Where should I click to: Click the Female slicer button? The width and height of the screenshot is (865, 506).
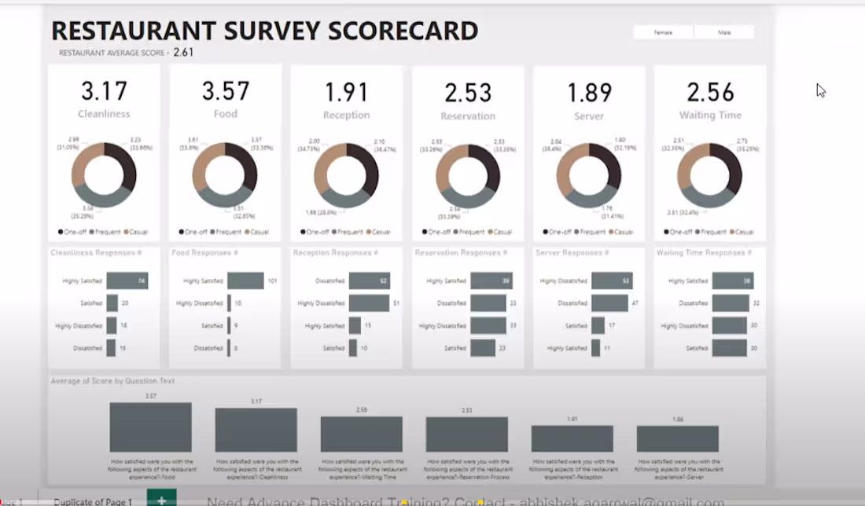pos(663,32)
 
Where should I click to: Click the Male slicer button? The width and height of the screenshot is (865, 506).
pos(724,32)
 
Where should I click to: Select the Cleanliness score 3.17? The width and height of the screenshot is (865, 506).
pos(104,91)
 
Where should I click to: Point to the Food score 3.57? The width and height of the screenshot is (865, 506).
pos(225,91)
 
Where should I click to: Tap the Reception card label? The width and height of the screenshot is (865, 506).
pos(346,115)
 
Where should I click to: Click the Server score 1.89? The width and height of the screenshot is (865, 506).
pos(589,93)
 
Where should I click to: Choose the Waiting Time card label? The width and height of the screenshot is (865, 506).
pos(710,115)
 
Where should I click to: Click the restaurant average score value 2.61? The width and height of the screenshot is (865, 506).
pos(183,53)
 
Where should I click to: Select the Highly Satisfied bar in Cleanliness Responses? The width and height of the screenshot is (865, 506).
pos(127,280)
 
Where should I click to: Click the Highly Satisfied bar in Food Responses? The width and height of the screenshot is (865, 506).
pos(246,280)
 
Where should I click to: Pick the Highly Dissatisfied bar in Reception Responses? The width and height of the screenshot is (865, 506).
pos(369,303)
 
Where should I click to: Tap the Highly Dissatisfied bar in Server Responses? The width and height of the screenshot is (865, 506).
pos(611,280)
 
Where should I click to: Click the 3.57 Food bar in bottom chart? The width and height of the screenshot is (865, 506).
pos(150,427)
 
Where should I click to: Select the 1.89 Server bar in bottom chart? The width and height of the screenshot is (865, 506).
pos(677,438)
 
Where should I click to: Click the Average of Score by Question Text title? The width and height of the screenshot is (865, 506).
pos(112,381)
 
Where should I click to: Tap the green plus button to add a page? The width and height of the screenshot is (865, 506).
pos(161,500)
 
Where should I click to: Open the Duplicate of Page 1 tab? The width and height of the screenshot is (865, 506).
pos(93,501)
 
